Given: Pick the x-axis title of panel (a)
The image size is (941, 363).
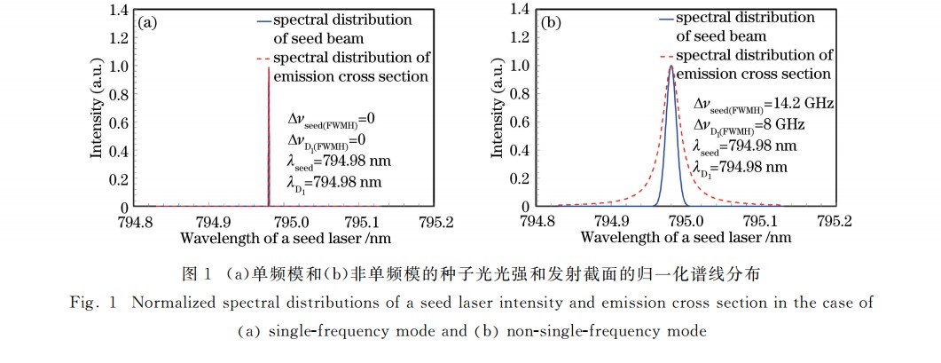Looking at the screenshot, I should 285,238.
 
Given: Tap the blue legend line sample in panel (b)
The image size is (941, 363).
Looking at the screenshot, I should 663,19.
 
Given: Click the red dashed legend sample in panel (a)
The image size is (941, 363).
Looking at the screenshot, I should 262,59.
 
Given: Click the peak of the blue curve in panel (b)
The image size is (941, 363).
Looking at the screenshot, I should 671,66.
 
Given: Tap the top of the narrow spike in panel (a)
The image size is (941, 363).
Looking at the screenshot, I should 269,67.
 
